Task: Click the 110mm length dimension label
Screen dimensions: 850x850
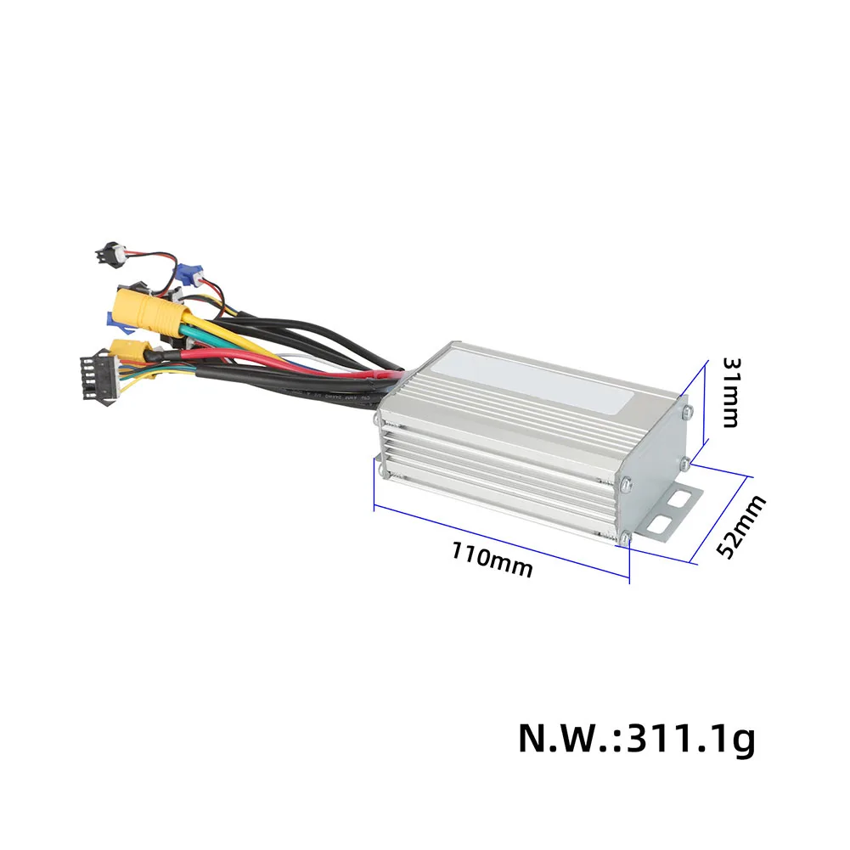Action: point(493,561)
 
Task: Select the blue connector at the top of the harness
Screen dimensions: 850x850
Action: point(193,275)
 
